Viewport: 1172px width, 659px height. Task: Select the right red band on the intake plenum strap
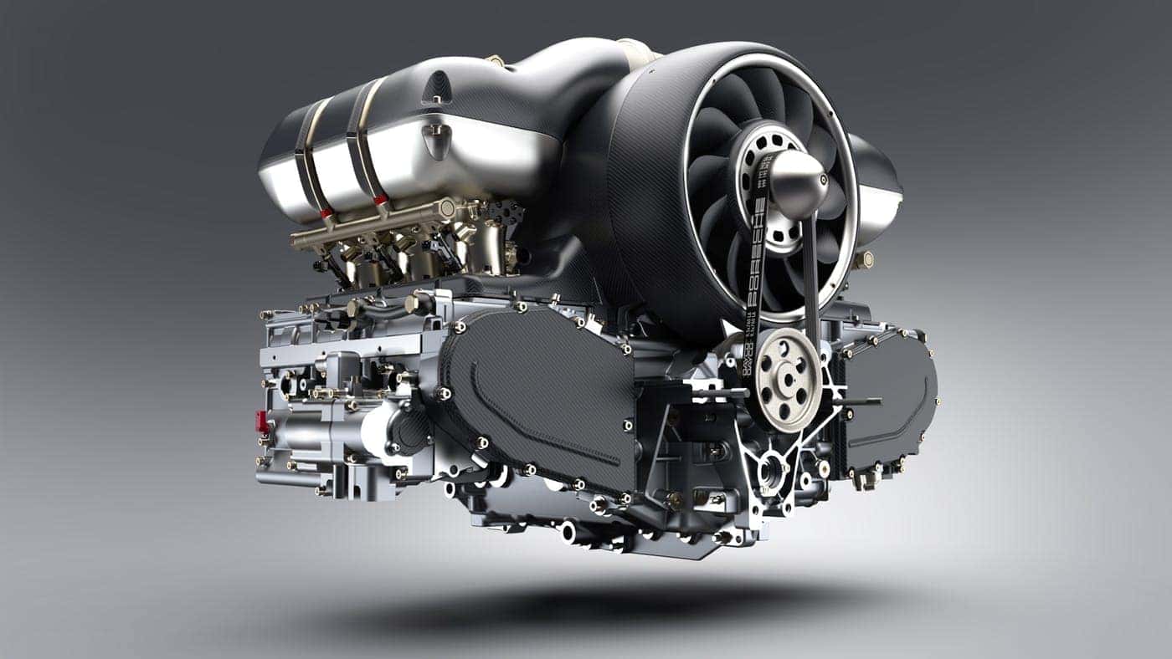(381, 200)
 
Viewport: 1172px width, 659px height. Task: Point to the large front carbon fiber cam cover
(544, 393)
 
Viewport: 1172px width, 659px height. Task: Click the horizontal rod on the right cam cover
(854, 401)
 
